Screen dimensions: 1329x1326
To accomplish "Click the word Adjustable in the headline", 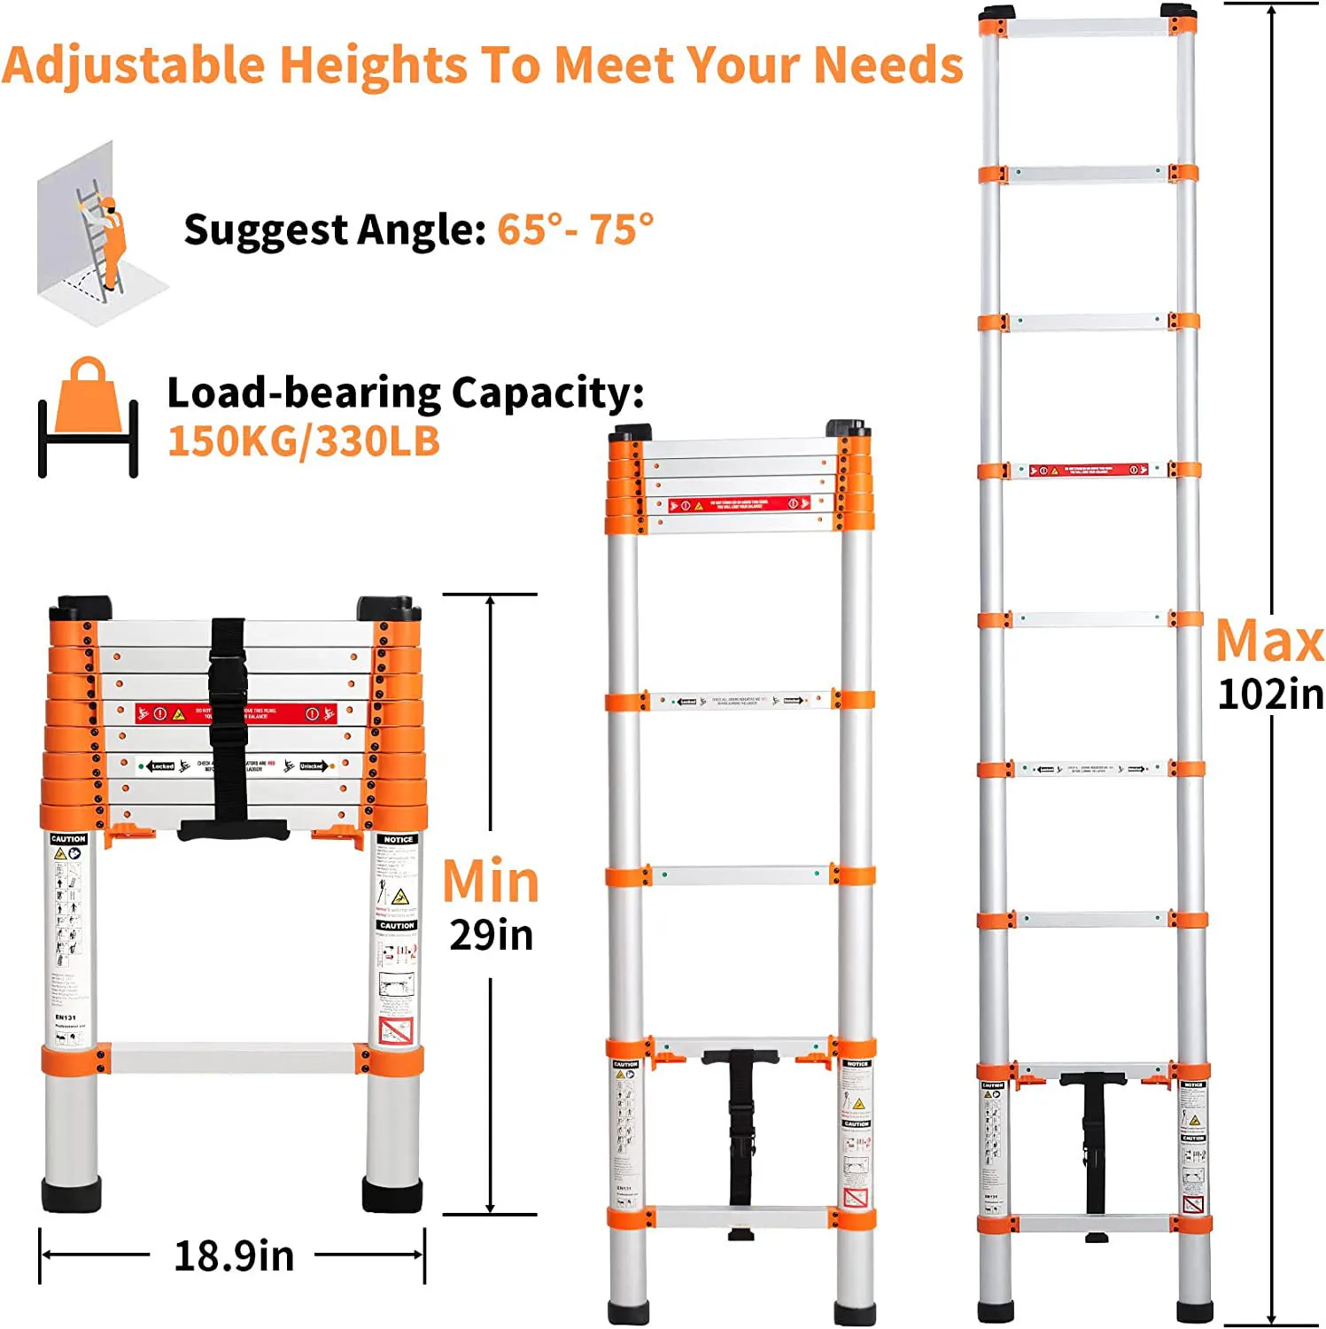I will tap(133, 66).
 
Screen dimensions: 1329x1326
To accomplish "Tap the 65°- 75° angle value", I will tap(575, 229).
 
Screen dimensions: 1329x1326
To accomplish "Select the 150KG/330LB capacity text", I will tap(304, 441).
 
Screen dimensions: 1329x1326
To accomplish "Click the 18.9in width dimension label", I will tap(234, 1255).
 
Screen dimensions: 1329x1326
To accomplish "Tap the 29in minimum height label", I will tap(492, 935).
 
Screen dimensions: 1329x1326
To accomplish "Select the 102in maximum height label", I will tap(1270, 694).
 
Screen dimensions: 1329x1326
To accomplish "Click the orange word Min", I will tap(491, 882).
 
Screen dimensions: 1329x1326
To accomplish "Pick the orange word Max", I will tap(1269, 641).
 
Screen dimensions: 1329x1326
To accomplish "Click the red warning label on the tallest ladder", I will tap(1089, 470).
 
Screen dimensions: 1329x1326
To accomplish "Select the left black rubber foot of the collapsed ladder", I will tap(71, 1193).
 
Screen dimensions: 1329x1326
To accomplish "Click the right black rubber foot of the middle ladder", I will tap(855, 1312).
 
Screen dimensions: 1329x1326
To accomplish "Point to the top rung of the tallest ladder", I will tap(1089, 27).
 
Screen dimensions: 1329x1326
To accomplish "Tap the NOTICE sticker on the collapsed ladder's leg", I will tap(398, 839).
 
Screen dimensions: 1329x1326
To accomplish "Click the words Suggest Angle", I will tap(334, 230).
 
